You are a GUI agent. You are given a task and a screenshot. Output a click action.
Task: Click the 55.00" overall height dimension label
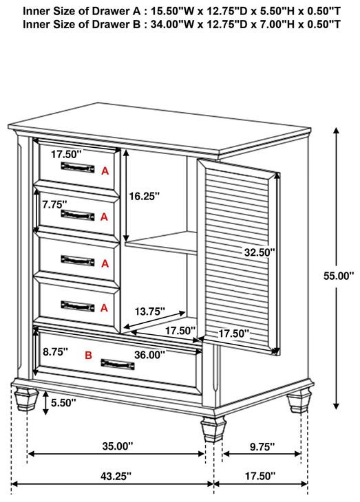coord(339,276)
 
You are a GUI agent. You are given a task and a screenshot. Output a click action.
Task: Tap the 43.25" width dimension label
coord(116,476)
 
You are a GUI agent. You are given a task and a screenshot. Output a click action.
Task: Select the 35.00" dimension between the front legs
coord(117,446)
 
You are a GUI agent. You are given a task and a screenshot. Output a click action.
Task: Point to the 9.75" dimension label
coord(262,446)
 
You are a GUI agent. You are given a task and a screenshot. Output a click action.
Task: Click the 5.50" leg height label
coord(63,403)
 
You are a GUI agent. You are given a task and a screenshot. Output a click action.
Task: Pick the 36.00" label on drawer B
coord(149,354)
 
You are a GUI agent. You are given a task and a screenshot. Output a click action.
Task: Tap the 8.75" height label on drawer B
coord(56,351)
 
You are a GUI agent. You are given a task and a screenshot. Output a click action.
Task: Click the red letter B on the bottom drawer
coord(88,355)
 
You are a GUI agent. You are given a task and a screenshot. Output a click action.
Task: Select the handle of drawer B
coord(118,364)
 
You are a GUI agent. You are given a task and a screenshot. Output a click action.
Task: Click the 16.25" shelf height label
coord(144,196)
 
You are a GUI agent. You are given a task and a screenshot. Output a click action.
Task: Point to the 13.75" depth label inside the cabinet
coord(149,311)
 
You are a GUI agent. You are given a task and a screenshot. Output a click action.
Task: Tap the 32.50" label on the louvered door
coord(260,252)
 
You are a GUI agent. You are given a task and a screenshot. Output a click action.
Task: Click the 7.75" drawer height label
coord(54,204)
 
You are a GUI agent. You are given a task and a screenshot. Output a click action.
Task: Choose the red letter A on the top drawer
coord(105,171)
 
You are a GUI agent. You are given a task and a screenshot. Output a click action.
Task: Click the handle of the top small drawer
coord(78,167)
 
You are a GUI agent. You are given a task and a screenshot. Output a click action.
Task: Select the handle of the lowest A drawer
coord(78,306)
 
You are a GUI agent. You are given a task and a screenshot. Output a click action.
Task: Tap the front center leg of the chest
coord(213,429)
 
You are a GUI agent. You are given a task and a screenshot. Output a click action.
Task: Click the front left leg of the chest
coord(26,399)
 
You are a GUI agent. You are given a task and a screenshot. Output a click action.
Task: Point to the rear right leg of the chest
coord(299,401)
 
